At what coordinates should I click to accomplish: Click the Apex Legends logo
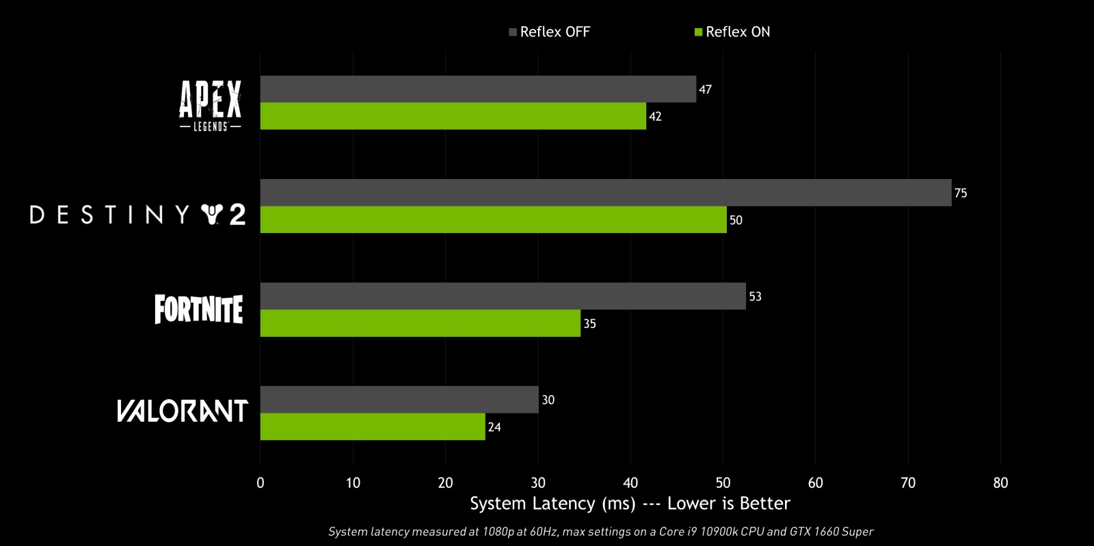click(210, 105)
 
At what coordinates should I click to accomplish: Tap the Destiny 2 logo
click(137, 215)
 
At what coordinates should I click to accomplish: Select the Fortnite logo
click(198, 309)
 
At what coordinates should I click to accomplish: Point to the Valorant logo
click(182, 411)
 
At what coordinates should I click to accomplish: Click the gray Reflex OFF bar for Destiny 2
click(605, 193)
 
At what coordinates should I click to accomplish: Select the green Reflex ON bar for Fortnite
click(420, 323)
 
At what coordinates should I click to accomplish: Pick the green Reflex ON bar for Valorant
click(373, 426)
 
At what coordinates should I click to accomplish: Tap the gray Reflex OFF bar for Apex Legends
click(478, 89)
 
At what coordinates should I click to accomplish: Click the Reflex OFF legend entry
click(549, 32)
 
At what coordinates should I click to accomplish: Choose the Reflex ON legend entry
click(732, 32)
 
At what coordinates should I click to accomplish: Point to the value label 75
click(961, 193)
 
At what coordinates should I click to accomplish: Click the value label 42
click(655, 117)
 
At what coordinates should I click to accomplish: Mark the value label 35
click(589, 324)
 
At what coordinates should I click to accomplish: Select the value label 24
click(494, 427)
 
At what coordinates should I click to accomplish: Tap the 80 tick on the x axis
click(1000, 483)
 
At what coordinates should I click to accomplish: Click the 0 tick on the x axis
click(261, 483)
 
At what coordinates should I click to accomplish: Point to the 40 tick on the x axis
click(630, 483)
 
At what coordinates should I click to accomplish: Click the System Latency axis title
click(630, 504)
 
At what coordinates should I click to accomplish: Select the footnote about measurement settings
click(600, 532)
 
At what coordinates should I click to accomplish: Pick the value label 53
click(755, 297)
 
